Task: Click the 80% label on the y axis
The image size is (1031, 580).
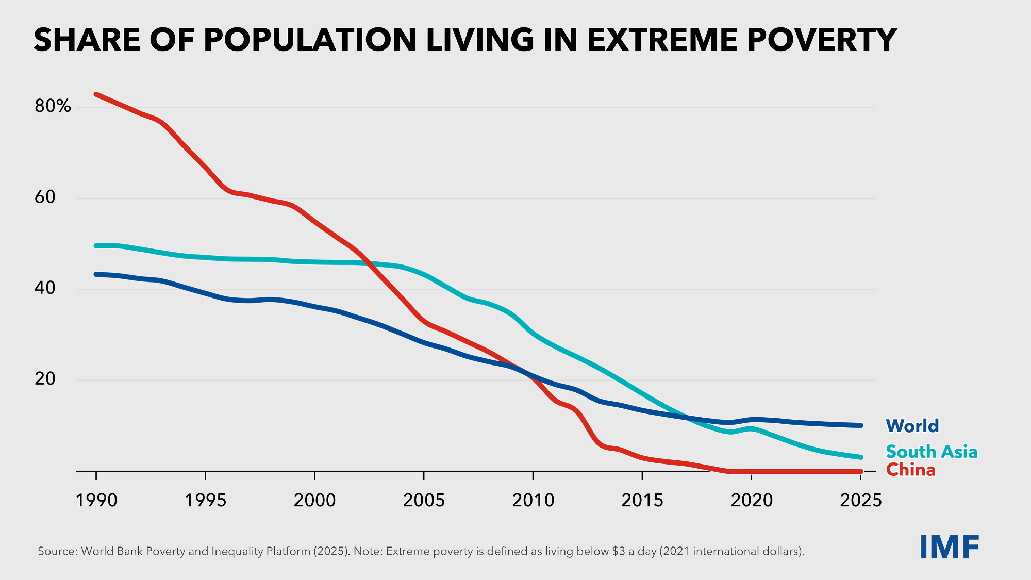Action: pos(53,106)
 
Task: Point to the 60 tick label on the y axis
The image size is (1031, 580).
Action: pos(45,197)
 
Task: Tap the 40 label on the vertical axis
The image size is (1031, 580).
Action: pos(45,288)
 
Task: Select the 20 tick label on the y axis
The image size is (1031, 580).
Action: pos(45,379)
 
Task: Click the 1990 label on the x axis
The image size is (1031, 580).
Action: pos(96,500)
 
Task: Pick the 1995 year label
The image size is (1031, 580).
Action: pos(206,500)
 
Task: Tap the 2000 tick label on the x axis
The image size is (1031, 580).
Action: pos(314,500)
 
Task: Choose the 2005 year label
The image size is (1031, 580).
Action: pos(424,500)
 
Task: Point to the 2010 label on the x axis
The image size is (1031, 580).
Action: pos(533,500)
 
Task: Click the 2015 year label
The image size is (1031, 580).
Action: pos(642,500)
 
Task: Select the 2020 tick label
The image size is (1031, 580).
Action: pos(752,500)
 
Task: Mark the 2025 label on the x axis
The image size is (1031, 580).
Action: pos(861,500)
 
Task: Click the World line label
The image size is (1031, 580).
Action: pos(912,426)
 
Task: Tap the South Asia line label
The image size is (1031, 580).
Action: pos(932,452)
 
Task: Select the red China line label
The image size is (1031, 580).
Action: pos(910,470)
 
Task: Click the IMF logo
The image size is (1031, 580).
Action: pos(949,548)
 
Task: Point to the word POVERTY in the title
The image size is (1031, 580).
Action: pos(822,40)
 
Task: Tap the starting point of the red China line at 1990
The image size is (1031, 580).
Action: pos(96,94)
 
